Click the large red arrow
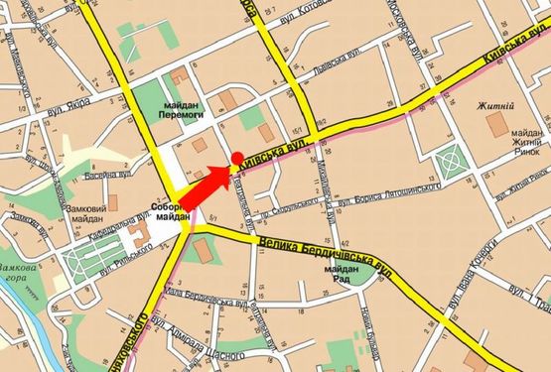point(207,183)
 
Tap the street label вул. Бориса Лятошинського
point(391,189)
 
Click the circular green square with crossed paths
point(452,157)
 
